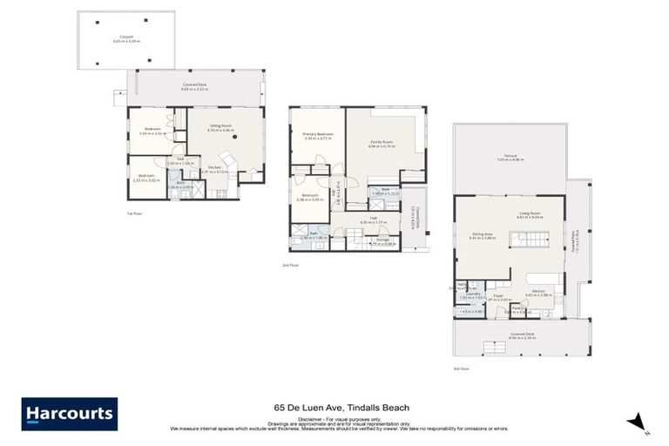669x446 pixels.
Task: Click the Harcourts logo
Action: point(70,414)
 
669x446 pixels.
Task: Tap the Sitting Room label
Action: point(221,127)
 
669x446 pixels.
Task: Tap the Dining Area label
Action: point(483,235)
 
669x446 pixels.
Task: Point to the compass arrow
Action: point(638,421)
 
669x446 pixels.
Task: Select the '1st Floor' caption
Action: point(134,213)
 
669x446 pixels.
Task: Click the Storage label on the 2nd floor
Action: point(382,241)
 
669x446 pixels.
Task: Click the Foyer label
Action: point(499,296)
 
